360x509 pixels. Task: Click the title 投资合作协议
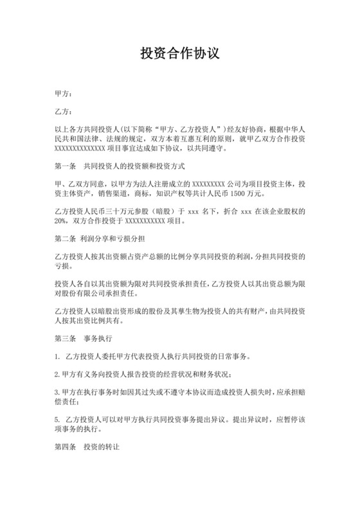[180, 53]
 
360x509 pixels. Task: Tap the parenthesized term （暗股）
[171, 211]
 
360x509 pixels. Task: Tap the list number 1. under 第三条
[59, 356]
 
